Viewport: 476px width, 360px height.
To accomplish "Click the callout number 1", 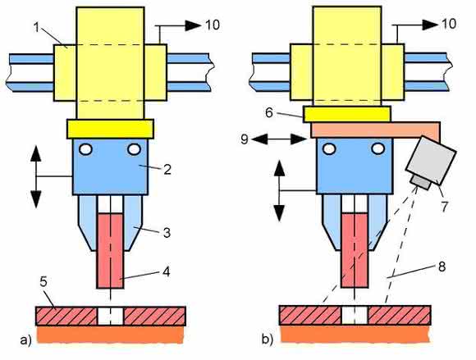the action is pyautogui.click(x=37, y=28).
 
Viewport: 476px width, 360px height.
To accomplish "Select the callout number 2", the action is pyautogui.click(x=167, y=170).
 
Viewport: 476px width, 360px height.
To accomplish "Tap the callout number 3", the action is pyautogui.click(x=167, y=233).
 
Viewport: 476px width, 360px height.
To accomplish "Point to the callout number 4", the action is pyautogui.click(x=166, y=271).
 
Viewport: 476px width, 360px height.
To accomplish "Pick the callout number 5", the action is pyautogui.click(x=43, y=282).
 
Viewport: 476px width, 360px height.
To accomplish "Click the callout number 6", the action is pyautogui.click(x=269, y=113).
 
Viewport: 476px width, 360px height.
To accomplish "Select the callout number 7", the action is pyautogui.click(x=444, y=207).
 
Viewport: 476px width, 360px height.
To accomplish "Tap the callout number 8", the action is pyautogui.click(x=442, y=267).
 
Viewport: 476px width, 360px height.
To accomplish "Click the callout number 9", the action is pyautogui.click(x=245, y=139).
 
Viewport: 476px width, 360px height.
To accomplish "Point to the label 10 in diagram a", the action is pyautogui.click(x=213, y=25).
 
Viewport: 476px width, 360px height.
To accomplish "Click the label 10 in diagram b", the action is pyautogui.click(x=449, y=24).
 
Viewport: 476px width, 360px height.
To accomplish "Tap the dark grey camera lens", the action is pyautogui.click(x=420, y=182).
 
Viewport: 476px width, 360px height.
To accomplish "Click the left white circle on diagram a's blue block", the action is pyautogui.click(x=86, y=149).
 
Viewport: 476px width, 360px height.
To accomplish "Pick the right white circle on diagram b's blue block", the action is pyautogui.click(x=378, y=148).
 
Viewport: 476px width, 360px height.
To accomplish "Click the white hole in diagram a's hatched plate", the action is pyautogui.click(x=111, y=316).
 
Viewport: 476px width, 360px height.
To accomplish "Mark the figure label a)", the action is pyautogui.click(x=25, y=340).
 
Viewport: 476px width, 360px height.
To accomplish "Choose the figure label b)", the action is pyautogui.click(x=268, y=339).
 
